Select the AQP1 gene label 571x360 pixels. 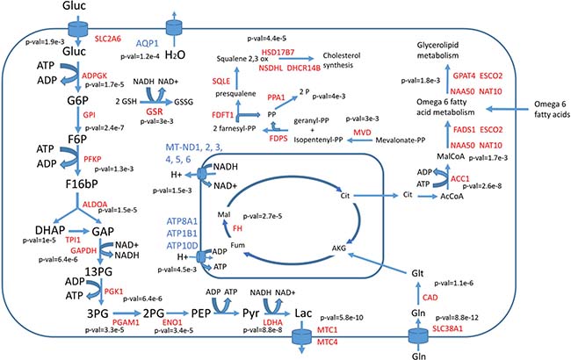click(x=147, y=42)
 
